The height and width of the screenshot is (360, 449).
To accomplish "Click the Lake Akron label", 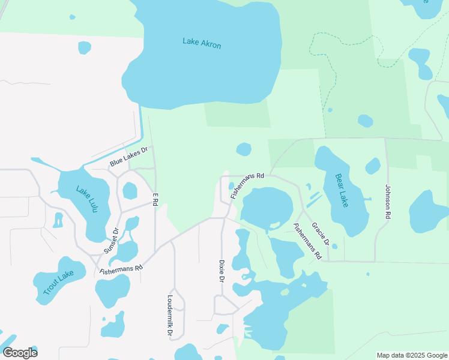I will coord(202,44).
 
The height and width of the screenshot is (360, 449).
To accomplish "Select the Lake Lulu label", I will coord(85,197).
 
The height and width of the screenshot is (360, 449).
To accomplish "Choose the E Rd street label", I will coord(155,199).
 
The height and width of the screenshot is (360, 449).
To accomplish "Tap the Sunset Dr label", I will coord(112,240).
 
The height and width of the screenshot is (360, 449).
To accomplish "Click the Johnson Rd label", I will coord(388,201).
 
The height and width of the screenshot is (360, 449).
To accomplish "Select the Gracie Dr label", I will coord(321,234).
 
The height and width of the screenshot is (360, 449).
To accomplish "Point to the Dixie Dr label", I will coord(221,271).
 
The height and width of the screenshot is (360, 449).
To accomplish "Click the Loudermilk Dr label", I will coord(170,315).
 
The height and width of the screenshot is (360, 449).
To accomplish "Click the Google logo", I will coord(20,353).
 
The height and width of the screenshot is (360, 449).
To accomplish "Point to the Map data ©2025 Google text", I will coord(412,355).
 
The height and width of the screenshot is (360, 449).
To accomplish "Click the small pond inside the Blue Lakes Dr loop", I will coord(130,191).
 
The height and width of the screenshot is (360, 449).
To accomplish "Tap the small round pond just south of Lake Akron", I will coord(244,149).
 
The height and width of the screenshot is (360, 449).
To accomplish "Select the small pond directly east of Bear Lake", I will coord(373,166).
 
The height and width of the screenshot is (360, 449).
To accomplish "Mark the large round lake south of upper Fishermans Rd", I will coord(267,207).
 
